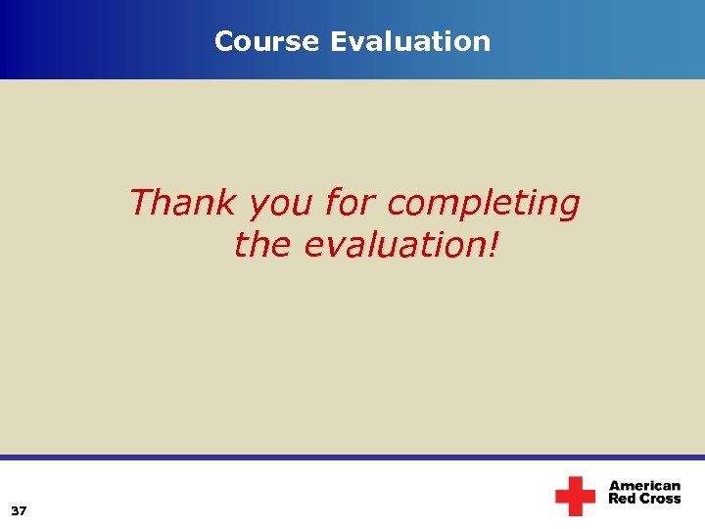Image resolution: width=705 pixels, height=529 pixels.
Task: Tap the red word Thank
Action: [183, 203]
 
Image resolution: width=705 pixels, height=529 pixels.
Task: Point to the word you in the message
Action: [281, 205]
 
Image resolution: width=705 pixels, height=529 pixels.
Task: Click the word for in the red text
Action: [352, 203]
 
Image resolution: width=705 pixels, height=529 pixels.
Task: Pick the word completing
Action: [484, 205]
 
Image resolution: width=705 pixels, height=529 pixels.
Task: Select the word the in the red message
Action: [262, 245]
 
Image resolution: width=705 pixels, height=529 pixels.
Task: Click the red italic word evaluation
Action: [395, 245]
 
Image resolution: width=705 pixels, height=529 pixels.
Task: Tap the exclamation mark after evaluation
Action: [492, 245]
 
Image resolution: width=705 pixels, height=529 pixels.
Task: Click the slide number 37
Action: [19, 511]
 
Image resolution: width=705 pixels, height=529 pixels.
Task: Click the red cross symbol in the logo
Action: [575, 496]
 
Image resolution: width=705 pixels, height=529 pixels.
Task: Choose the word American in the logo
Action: [644, 486]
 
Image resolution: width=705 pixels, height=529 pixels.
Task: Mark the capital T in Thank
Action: [140, 203]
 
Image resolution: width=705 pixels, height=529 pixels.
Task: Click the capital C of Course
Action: [222, 41]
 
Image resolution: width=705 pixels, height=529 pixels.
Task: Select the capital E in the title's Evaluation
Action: [338, 41]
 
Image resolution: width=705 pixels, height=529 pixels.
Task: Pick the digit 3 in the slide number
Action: [15, 511]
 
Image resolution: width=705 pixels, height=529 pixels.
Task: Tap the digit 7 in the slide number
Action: [23, 511]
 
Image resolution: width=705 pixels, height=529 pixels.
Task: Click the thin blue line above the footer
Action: [352, 457]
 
